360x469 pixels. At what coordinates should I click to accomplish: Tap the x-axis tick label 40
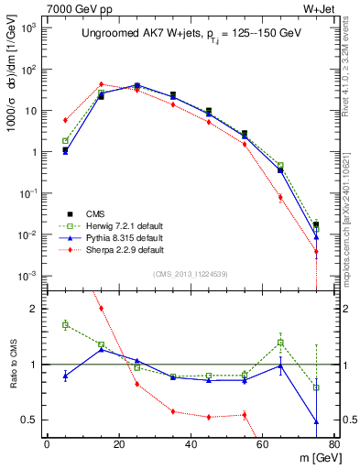tap(191, 444)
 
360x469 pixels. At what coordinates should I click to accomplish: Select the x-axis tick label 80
tap(334, 444)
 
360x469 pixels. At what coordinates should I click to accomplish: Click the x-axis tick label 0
tap(47, 444)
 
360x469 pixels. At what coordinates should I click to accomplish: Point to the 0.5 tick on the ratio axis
tap(29, 420)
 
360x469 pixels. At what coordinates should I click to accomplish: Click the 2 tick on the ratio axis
tap(34, 309)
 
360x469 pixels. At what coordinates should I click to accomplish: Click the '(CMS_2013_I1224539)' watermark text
tap(191, 273)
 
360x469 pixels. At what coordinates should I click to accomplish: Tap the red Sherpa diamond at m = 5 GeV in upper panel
tap(65, 120)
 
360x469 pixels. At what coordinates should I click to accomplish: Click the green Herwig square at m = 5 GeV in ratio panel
tap(65, 325)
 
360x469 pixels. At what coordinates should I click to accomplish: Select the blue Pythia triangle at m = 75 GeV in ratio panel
tap(316, 422)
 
